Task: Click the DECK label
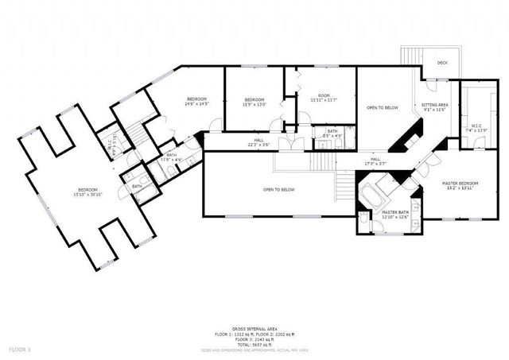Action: point(441,62)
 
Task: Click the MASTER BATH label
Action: point(394,213)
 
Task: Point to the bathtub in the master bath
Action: point(375,193)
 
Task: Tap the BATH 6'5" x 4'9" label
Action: point(332,134)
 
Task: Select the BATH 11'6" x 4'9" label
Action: point(172,157)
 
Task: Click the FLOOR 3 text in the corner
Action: point(20,349)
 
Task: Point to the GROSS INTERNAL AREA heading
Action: point(255,327)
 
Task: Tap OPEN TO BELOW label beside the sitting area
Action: point(383,107)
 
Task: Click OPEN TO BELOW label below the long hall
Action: point(279,189)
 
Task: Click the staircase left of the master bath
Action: point(343,188)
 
